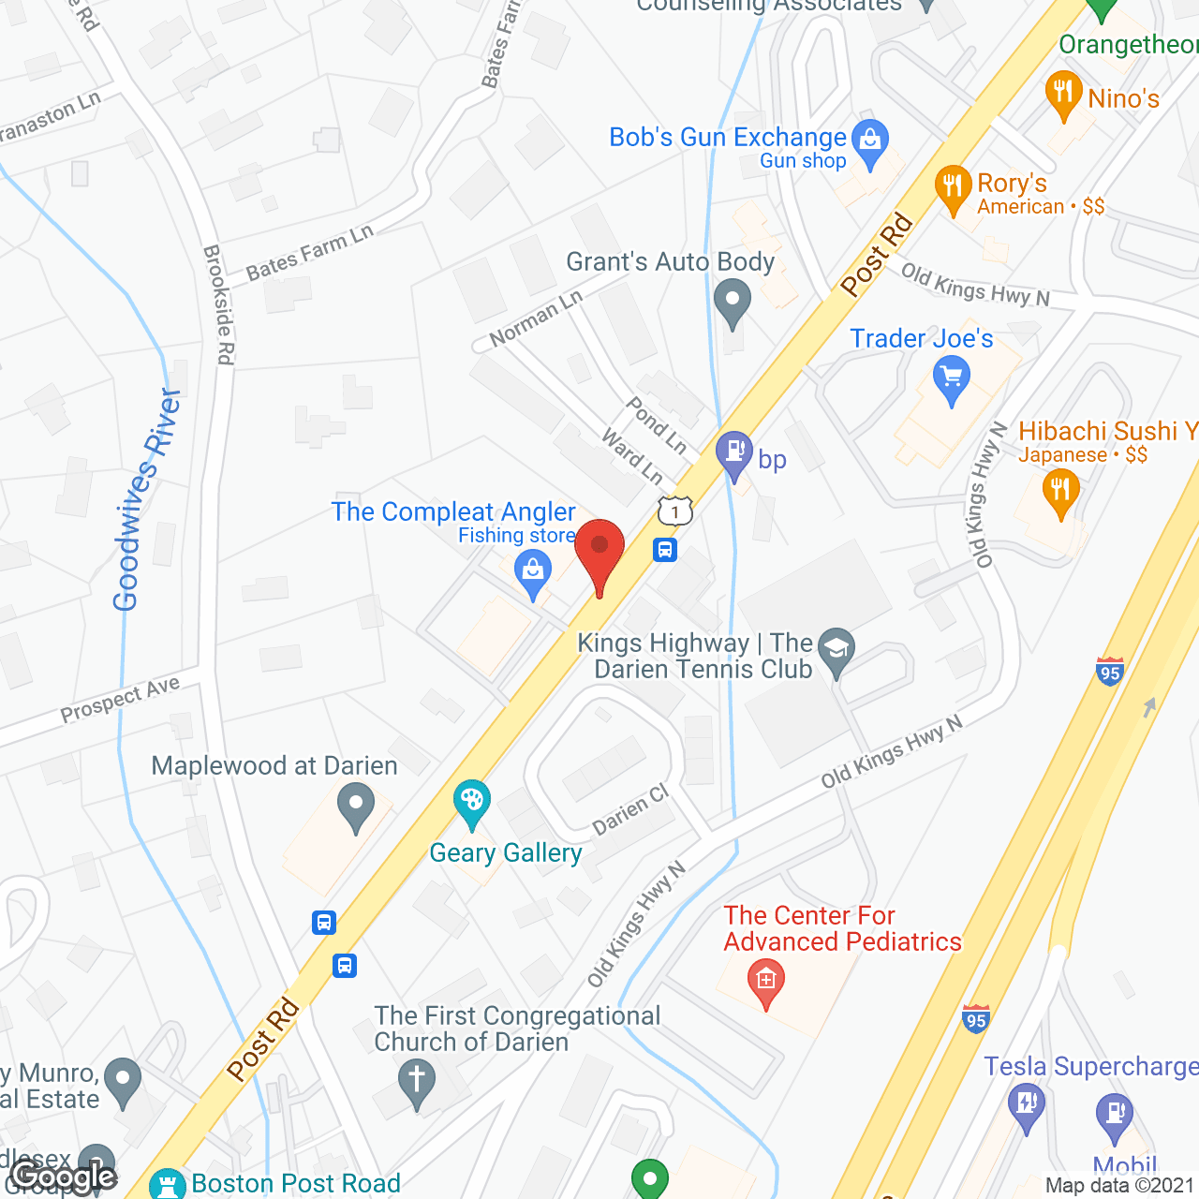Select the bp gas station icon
click(734, 452)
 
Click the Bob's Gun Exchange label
click(728, 138)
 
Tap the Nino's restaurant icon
click(1062, 92)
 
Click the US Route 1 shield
click(674, 511)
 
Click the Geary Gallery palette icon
click(471, 801)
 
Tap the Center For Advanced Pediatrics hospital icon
click(766, 981)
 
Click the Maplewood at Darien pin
click(355, 805)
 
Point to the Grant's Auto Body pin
click(733, 302)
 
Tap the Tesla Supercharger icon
click(1026, 1102)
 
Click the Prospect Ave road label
click(120, 700)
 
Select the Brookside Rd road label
click(219, 304)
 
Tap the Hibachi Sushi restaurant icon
click(1060, 490)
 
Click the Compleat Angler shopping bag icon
click(533, 570)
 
